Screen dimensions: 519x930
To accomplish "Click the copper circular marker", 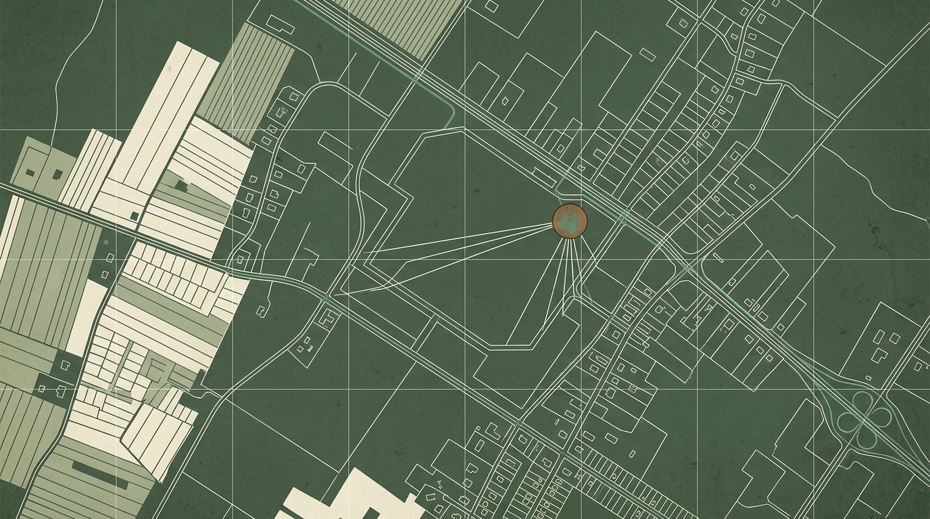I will [570, 220].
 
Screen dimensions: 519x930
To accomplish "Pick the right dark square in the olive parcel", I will [57, 173].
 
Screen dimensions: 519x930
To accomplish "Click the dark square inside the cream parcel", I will [135, 215].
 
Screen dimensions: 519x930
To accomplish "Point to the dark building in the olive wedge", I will [180, 184].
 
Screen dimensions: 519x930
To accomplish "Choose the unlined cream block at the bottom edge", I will [345, 497].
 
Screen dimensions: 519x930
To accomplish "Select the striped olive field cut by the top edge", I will [399, 24].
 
